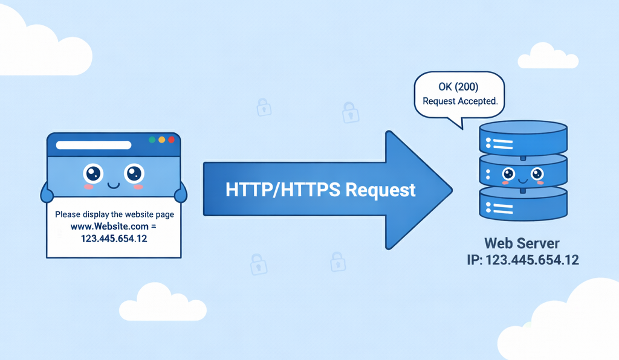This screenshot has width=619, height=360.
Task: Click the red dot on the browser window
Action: click(x=171, y=140)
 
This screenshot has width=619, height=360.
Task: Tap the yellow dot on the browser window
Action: click(x=161, y=140)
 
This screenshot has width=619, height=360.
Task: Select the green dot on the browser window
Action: click(x=152, y=140)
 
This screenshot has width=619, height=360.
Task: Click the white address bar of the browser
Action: click(x=93, y=145)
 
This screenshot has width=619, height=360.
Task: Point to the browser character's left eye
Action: click(x=93, y=174)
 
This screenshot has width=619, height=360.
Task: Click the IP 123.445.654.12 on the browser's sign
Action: click(x=114, y=239)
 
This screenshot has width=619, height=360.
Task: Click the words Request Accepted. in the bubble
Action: click(x=460, y=101)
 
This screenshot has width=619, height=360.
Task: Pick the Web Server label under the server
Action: click(x=522, y=244)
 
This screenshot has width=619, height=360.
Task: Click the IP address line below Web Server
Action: click(x=522, y=260)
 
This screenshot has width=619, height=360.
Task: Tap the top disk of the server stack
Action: click(x=523, y=138)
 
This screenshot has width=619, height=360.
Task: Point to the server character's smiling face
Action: click(x=523, y=175)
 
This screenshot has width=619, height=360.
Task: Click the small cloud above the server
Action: click(x=548, y=56)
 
